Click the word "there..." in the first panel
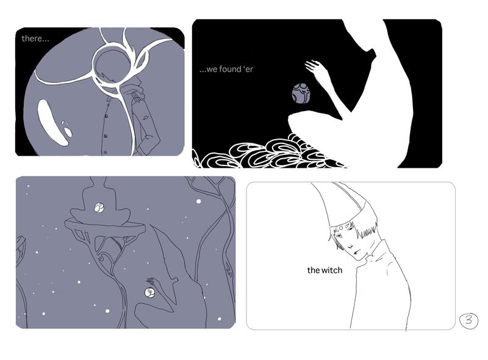click(x=35, y=38)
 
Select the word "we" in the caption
click(x=212, y=70)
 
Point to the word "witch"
click(x=331, y=270)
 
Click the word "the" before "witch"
click(x=313, y=270)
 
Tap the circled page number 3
click(x=468, y=321)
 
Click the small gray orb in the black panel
click(x=301, y=93)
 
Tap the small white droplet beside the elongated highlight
click(x=68, y=131)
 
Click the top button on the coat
click(x=107, y=116)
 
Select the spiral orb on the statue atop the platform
click(x=99, y=207)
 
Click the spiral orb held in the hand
click(x=149, y=292)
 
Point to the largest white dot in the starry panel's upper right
click(x=199, y=201)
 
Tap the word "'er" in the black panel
click(x=248, y=69)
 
